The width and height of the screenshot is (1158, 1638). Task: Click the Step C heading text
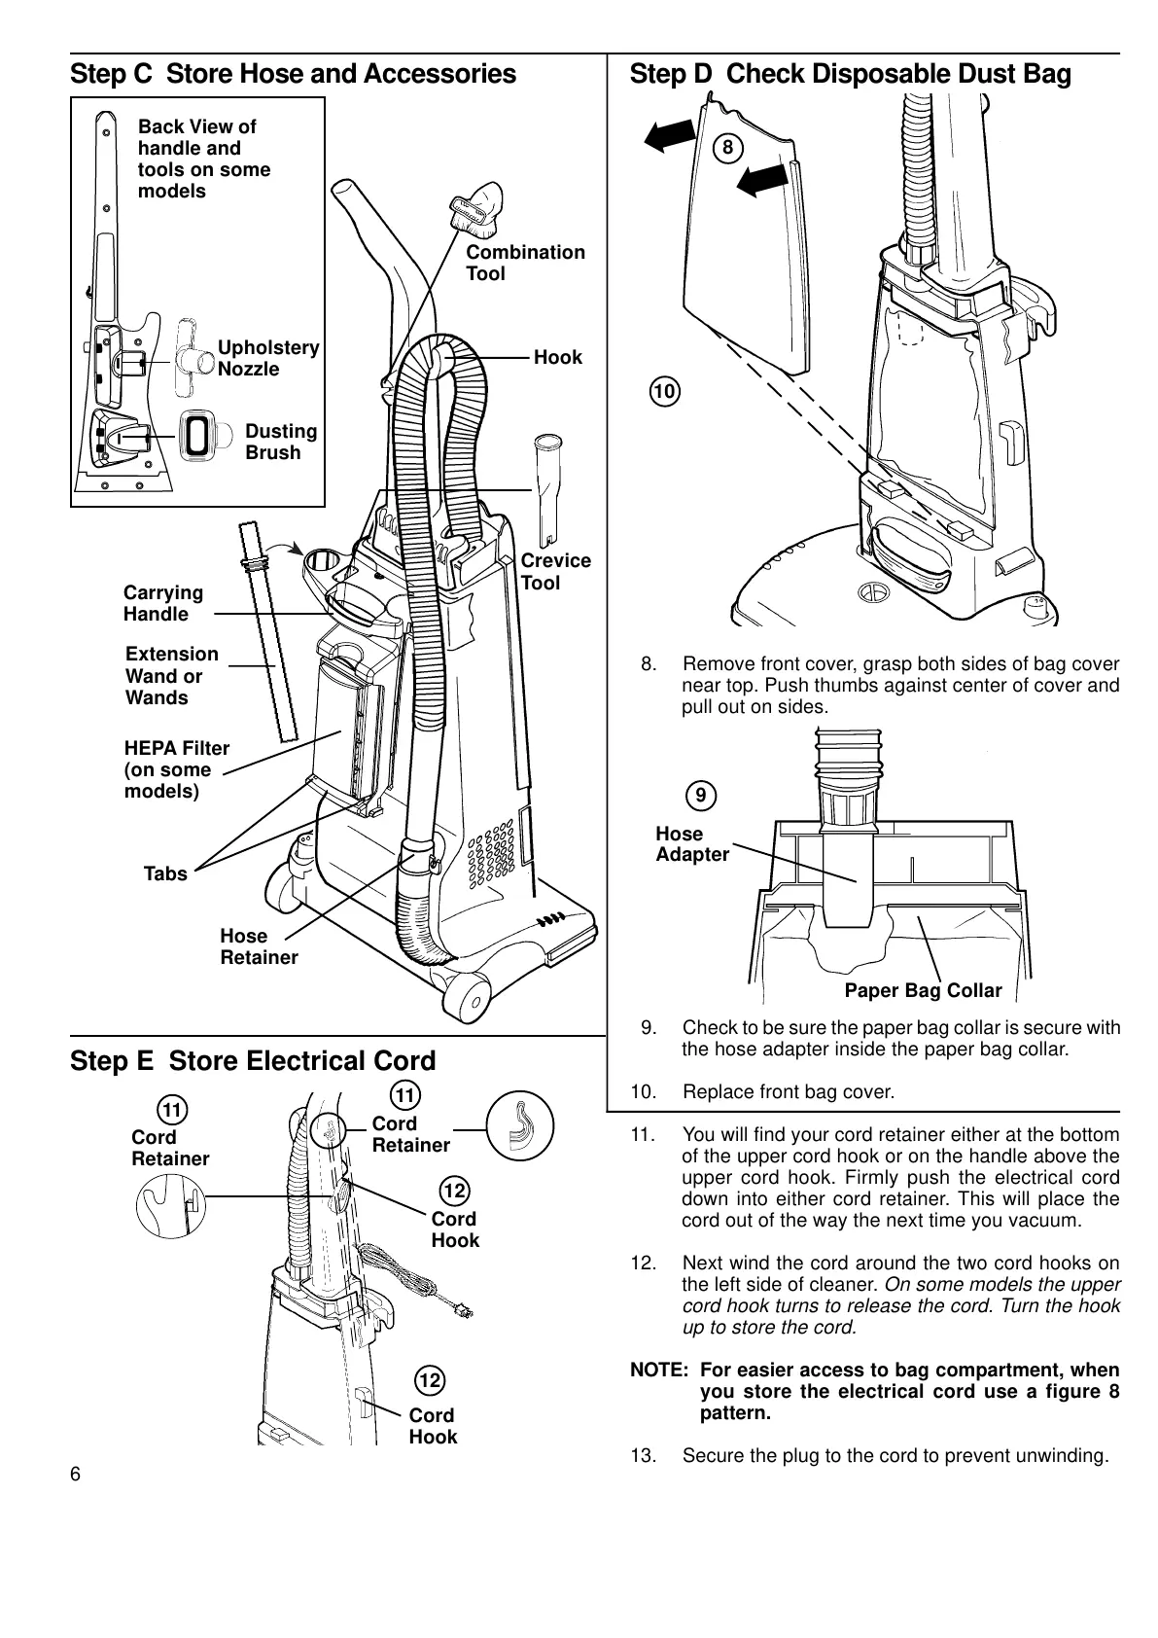(293, 74)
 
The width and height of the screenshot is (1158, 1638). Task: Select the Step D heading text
(850, 74)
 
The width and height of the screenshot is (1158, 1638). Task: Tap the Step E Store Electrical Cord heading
(253, 1060)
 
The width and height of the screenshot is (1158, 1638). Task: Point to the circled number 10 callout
(665, 392)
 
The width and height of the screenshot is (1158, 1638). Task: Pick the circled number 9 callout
(700, 796)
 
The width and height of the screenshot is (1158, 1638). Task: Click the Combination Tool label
(525, 263)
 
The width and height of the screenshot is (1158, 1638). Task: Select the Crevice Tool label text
(555, 572)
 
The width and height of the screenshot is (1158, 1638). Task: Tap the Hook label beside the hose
(557, 357)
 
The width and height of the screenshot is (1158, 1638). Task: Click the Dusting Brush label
(281, 442)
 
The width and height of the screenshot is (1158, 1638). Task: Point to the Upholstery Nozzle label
(268, 358)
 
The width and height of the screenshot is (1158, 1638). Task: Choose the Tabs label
(165, 873)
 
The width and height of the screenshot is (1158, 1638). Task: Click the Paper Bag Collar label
(922, 991)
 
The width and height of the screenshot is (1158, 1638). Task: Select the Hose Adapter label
(691, 844)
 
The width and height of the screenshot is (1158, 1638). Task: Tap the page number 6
(76, 1473)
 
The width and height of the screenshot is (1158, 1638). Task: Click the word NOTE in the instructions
(658, 1370)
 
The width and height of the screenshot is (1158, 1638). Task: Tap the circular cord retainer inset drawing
(519, 1127)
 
